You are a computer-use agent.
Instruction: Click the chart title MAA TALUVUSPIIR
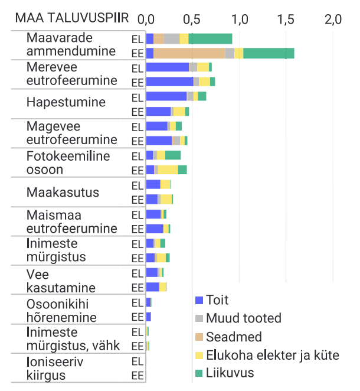[x=71, y=18]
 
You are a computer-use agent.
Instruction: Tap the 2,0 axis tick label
[x=333, y=18]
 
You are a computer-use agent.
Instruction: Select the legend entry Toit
[x=217, y=300]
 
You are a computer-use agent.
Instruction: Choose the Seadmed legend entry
[x=234, y=337]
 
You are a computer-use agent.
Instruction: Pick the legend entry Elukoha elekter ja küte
[x=272, y=355]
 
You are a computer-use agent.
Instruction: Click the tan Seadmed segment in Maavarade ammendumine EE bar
[x=189, y=53]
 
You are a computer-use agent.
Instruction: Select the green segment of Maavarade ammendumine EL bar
[x=210, y=39]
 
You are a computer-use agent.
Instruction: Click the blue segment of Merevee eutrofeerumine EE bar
[x=169, y=82]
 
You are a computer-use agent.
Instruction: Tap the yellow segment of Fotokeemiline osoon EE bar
[x=168, y=170]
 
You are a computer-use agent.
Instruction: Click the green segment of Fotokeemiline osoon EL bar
[x=173, y=155]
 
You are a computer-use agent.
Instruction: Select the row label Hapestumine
[x=66, y=103]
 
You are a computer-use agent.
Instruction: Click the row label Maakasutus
[x=63, y=193]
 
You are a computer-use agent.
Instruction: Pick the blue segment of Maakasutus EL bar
[x=153, y=185]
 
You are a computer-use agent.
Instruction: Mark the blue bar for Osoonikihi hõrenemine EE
[x=148, y=317]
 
